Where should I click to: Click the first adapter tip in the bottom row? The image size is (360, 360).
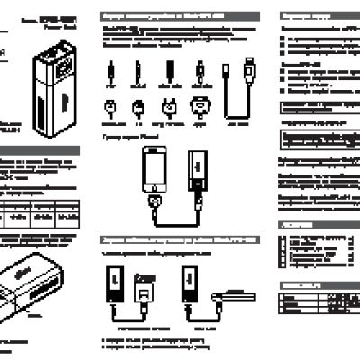coord(111,111)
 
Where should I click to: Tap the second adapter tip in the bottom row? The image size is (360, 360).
coord(139,111)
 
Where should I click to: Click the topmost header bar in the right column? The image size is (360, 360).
coord(319,16)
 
